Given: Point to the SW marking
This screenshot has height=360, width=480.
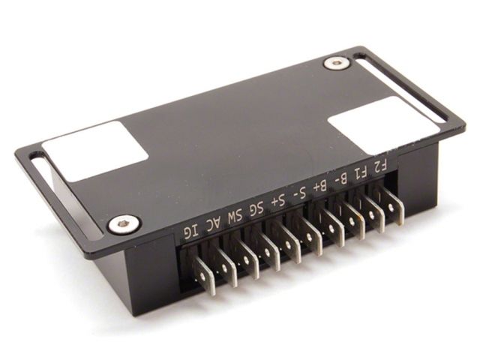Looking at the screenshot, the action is [x=235, y=216].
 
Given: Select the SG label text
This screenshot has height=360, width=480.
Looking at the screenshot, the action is [x=256, y=208].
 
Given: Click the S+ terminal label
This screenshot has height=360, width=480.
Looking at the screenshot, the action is [x=279, y=200].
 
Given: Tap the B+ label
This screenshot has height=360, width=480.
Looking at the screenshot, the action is [x=320, y=186].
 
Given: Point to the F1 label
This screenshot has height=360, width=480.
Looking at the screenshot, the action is [x=361, y=172].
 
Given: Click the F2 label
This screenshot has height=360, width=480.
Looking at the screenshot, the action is [x=381, y=166].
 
